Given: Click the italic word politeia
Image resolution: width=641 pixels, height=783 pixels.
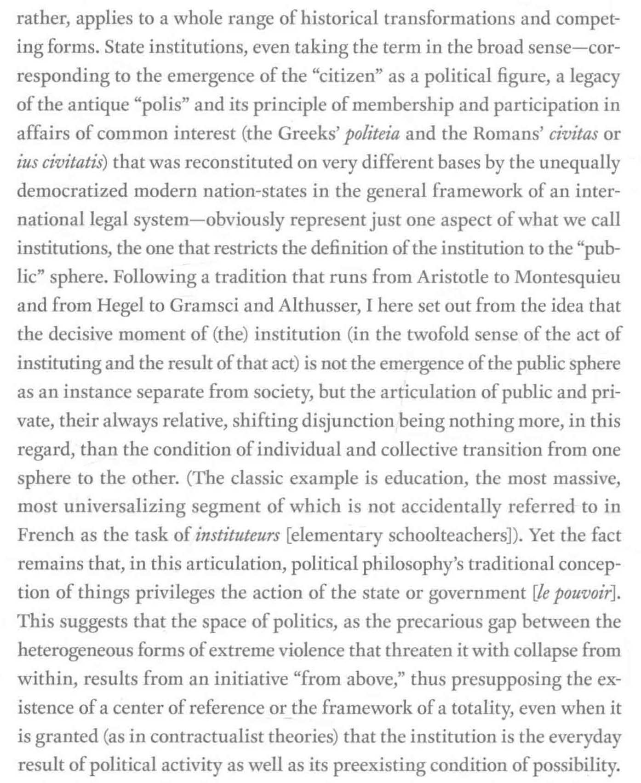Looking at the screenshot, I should [x=372, y=134].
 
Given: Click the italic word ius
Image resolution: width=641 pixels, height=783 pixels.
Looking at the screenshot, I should [x=29, y=162].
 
